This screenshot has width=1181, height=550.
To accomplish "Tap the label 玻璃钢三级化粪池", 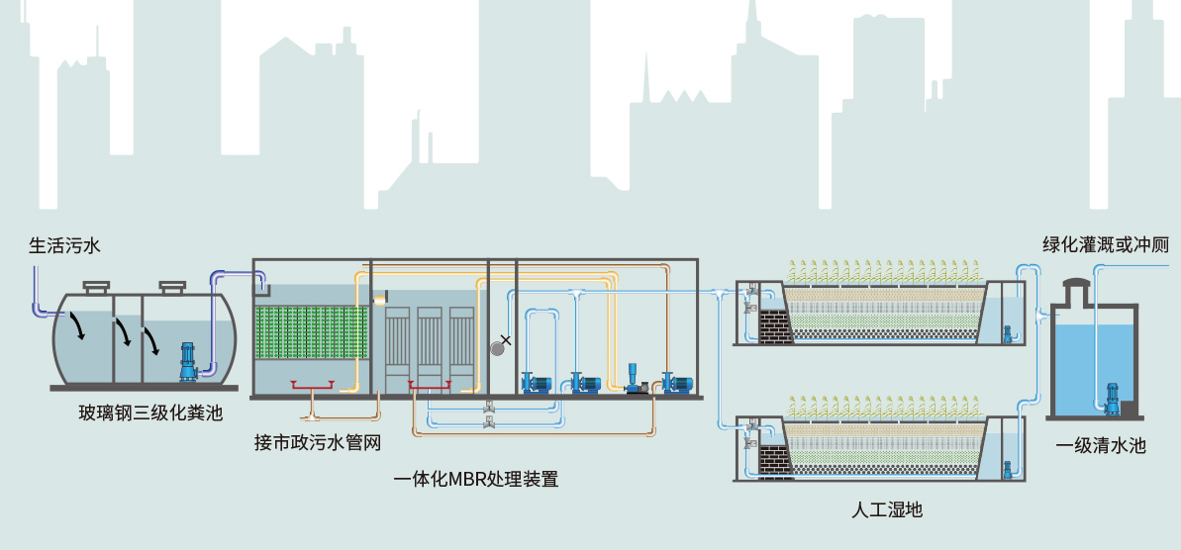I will pyautogui.click(x=150, y=412).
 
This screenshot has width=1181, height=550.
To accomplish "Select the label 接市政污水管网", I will pyautogui.click(x=317, y=441).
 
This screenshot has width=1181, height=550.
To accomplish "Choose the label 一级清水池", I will pyautogui.click(x=1100, y=445).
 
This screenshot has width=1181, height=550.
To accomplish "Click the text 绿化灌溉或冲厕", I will pyautogui.click(x=1105, y=244).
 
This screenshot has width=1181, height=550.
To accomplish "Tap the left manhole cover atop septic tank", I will pyautogui.click(x=96, y=287).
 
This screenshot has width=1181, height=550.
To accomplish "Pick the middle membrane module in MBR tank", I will pyautogui.click(x=430, y=336).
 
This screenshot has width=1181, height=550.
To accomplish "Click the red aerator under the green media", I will pyautogui.click(x=311, y=385).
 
